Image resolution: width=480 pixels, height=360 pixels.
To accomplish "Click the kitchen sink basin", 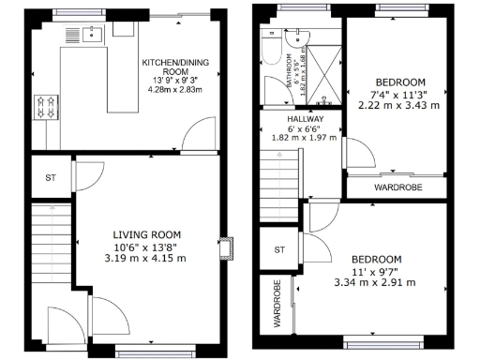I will tap(93, 37).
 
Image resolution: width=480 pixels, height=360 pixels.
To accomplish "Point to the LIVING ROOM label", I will tap(147, 234).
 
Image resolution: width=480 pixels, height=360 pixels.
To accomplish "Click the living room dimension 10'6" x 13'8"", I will tap(147, 247).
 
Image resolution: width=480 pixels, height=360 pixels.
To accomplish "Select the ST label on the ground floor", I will tap(50, 178).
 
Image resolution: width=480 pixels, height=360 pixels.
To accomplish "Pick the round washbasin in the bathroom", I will tap(298, 39).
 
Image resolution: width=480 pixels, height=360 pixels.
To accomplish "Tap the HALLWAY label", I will tap(306, 120).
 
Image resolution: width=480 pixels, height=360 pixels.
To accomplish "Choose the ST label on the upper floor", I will tap(278, 249).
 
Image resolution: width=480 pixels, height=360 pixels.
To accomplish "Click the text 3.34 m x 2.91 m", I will tap(376, 281).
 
